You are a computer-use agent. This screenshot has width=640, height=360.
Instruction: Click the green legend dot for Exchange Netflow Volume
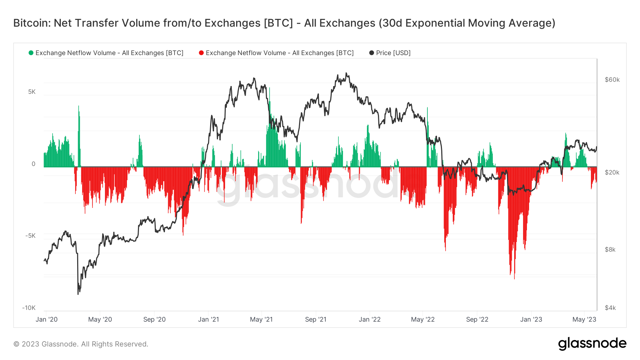31,53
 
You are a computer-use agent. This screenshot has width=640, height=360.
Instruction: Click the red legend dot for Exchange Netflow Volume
201,53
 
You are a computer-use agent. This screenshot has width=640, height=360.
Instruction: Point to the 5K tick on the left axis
32,92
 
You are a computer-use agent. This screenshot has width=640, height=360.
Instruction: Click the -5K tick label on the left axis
30,236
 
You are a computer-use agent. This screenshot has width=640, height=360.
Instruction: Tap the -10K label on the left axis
29,308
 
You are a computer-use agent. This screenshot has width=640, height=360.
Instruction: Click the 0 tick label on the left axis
33,164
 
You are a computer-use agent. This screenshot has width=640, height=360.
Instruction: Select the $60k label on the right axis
612,80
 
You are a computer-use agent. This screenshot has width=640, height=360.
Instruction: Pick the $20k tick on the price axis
612,172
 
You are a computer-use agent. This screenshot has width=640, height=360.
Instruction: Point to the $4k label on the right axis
610,308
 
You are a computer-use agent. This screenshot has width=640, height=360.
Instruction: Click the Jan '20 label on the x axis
47,319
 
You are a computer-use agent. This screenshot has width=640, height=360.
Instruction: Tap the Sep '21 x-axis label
316,319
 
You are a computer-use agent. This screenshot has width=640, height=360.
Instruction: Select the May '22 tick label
423,319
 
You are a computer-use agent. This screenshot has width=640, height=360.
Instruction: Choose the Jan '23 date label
531,319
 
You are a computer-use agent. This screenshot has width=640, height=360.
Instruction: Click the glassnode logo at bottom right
592,344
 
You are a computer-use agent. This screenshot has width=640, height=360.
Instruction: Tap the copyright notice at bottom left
81,344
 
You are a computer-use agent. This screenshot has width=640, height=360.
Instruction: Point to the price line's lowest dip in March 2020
78,294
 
